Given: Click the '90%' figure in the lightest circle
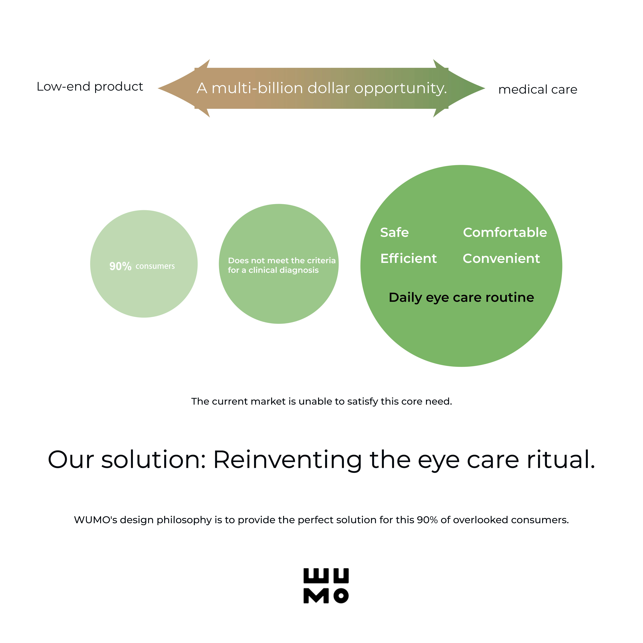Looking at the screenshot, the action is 120,266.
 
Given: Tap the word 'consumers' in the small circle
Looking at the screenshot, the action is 155,266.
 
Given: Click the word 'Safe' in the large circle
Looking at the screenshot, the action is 394,232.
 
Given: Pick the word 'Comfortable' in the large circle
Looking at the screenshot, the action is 505,232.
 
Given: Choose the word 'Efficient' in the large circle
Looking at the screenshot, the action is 408,258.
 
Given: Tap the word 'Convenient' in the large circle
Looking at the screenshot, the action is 501,258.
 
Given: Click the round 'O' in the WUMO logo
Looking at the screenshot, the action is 341,596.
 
